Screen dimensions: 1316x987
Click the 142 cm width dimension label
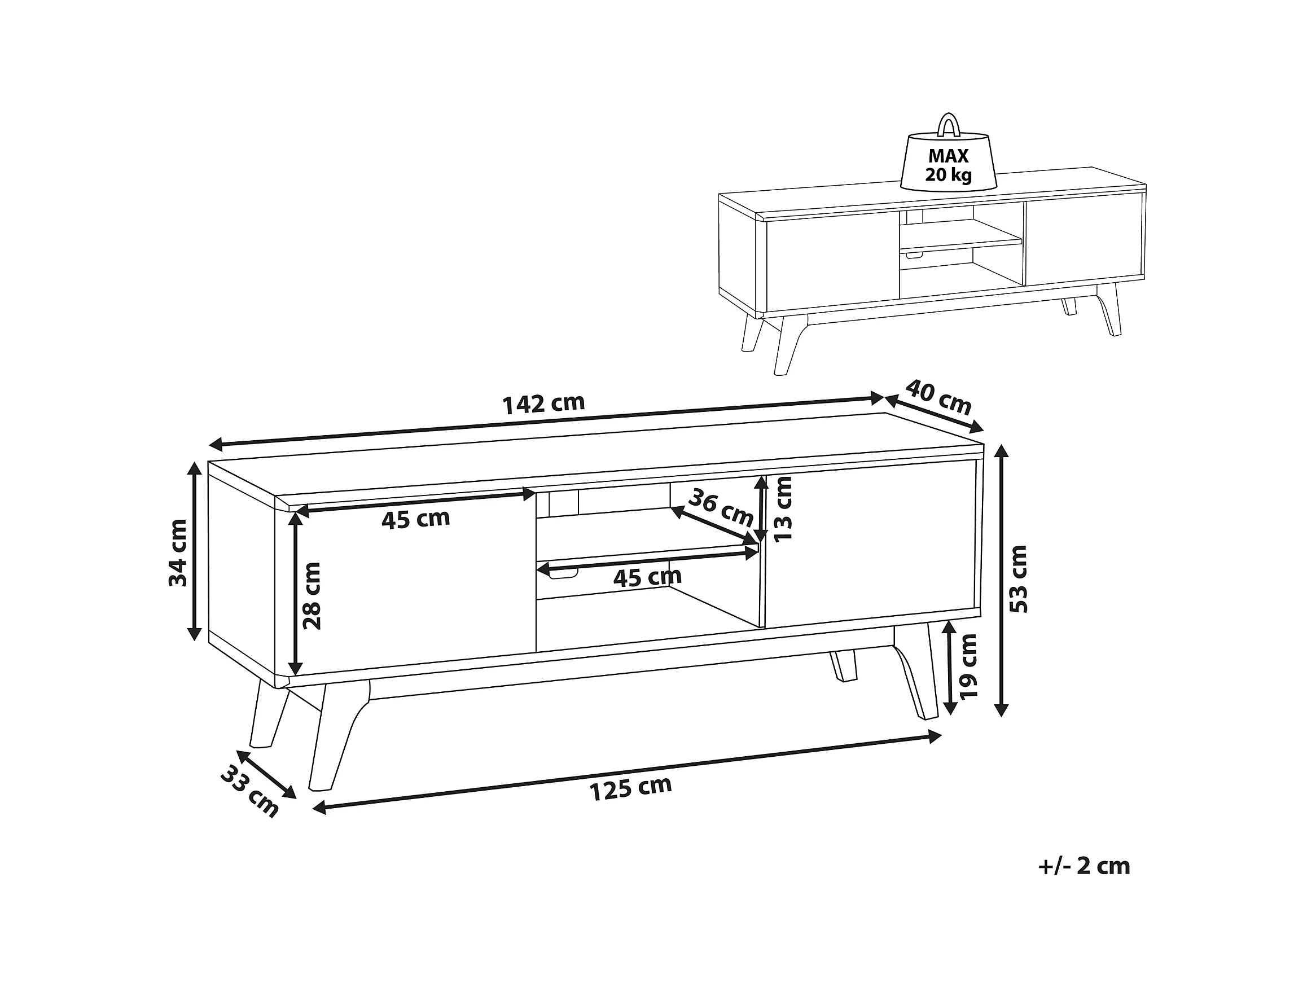pos(544,403)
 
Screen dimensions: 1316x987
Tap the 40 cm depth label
pos(939,397)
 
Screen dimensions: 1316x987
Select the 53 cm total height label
pos(1020,578)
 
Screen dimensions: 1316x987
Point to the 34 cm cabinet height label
pos(178,552)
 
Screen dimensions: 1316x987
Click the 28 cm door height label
pos(312,595)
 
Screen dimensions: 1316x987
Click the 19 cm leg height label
pos(969,666)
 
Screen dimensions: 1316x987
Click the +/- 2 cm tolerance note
pos(1084,866)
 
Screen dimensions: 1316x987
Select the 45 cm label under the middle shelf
pos(647,577)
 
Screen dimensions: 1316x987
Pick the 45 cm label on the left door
pos(416,519)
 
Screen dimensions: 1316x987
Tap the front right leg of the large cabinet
pos(916,673)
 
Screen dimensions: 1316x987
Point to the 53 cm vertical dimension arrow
pos(1002,580)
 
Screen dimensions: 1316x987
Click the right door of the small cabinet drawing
pos(1083,242)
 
